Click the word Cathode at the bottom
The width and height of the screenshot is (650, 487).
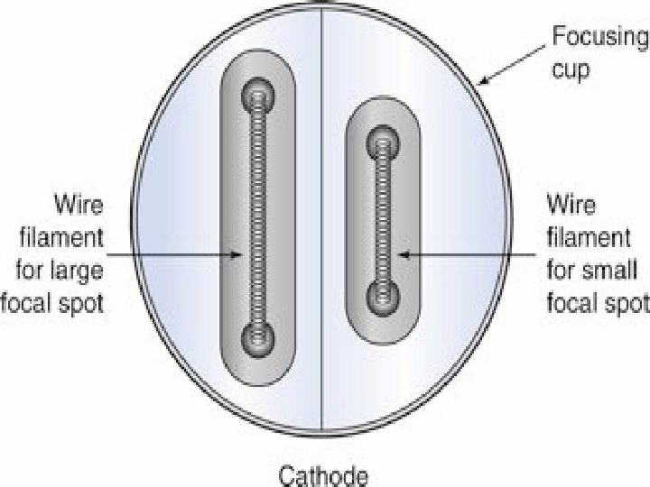(x=323, y=473)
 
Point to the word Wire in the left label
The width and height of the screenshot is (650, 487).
(x=79, y=205)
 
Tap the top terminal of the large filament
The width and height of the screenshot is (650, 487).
(x=259, y=93)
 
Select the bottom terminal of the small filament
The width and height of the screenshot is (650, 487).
(x=385, y=294)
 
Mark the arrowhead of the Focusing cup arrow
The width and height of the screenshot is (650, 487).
(x=485, y=83)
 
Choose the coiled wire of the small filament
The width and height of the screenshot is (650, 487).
(x=385, y=216)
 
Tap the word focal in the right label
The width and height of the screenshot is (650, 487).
(x=575, y=302)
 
